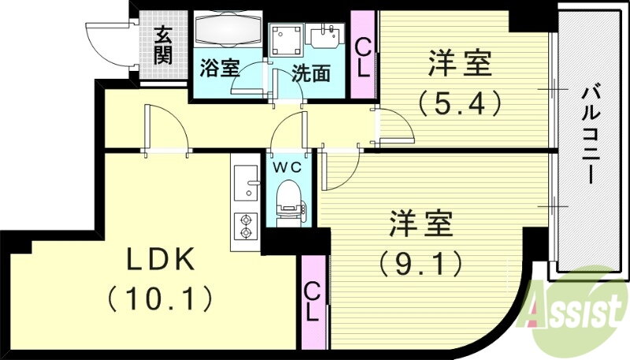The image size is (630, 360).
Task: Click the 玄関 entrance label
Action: pos(164,45)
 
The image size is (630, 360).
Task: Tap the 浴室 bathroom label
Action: pos(220,68)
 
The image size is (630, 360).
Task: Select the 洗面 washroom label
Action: pos(311,73)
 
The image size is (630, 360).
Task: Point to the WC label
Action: pos(287,168)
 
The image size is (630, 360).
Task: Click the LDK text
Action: pos(161,259)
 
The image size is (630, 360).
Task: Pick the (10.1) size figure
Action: pos(160,299)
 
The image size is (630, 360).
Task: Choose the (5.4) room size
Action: pos(461,103)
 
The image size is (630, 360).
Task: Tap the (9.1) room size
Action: pos(421,264)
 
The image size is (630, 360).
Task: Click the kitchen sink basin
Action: pos(246,183)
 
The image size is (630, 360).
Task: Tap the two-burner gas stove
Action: pos(246,226)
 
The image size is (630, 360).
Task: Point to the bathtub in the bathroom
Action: pos(228,29)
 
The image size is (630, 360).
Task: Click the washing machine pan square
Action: pos(286,40)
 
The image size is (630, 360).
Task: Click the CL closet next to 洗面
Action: pos(363,54)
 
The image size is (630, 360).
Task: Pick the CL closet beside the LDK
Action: pos(313,302)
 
